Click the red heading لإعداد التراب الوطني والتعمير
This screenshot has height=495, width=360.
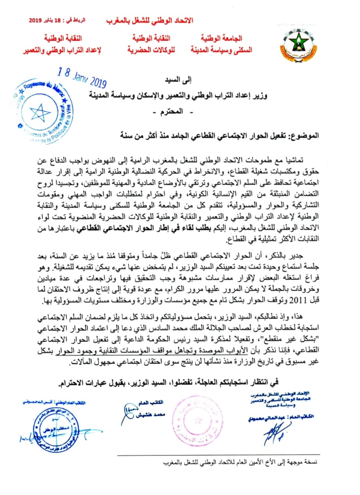tap(64, 49)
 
